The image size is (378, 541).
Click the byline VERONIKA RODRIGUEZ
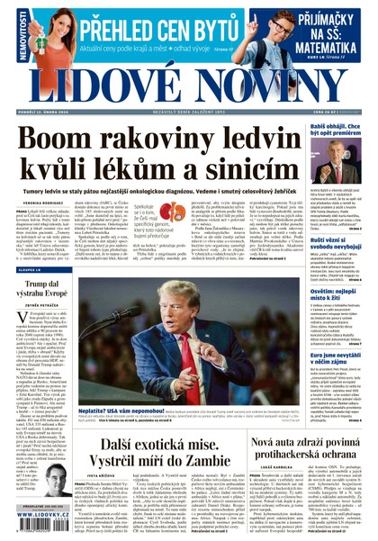(x=36, y=203)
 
